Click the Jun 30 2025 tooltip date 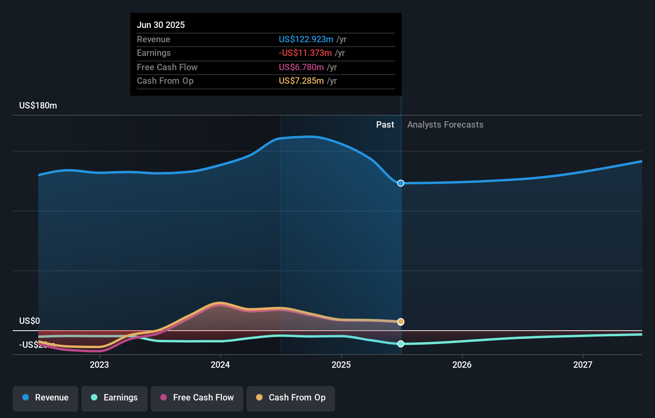pyautogui.click(x=161, y=25)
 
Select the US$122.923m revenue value pyautogui.click(x=306, y=39)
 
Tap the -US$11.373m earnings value pyautogui.click(x=305, y=53)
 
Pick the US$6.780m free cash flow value pyautogui.click(x=301, y=67)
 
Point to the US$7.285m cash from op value pyautogui.click(x=301, y=81)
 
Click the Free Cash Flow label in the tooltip pyautogui.click(x=167, y=67)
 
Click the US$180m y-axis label pyautogui.click(x=38, y=105)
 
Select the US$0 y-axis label pyautogui.click(x=30, y=321)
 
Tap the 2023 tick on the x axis pyautogui.click(x=99, y=365)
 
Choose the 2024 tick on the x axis pyautogui.click(x=220, y=365)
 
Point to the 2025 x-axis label pyautogui.click(x=341, y=365)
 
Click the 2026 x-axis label pyautogui.click(x=462, y=365)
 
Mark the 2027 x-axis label pyautogui.click(x=583, y=365)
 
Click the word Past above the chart pyautogui.click(x=385, y=124)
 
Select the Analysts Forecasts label pyautogui.click(x=445, y=124)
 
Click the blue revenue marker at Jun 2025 pyautogui.click(x=401, y=183)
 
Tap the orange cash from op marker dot pyautogui.click(x=401, y=322)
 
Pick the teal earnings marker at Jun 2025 pyautogui.click(x=401, y=344)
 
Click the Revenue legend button pyautogui.click(x=45, y=398)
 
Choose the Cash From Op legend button pyautogui.click(x=291, y=398)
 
